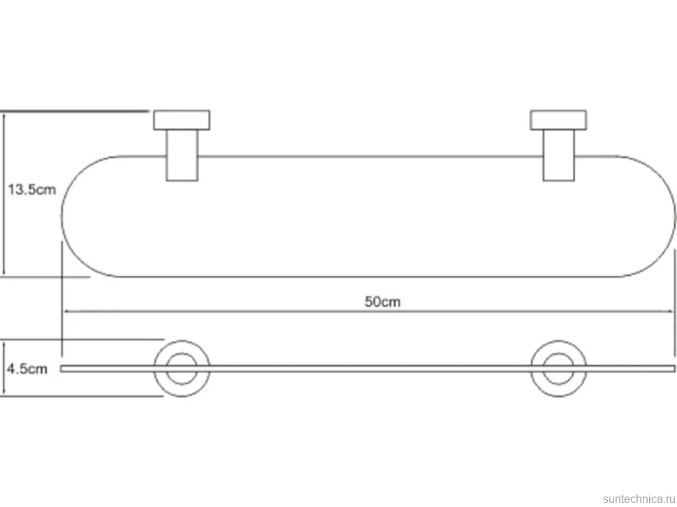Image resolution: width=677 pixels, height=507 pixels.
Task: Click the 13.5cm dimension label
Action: coord(32,189)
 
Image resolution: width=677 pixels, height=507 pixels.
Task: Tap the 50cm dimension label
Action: coord(382,302)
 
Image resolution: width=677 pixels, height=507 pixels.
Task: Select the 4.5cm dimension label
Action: coord(27,369)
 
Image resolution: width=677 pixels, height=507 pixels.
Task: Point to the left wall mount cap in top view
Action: coord(181,120)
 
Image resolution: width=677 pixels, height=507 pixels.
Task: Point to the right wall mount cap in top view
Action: coord(558,120)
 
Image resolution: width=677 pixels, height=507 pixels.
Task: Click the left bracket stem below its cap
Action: coord(182,155)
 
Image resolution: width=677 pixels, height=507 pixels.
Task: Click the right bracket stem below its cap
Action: coord(558,155)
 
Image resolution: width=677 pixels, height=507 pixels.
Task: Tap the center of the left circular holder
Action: coord(181,369)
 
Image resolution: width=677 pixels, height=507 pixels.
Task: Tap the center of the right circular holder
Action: coord(558,369)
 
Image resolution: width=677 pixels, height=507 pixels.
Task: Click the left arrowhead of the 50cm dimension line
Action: coord(66,311)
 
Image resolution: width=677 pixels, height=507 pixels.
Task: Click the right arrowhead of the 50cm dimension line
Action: coord(671,311)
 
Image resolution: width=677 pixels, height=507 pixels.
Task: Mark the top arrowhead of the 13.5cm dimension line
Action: coord(4,115)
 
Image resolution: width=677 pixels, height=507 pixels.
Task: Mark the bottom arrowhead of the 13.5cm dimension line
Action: coord(4,273)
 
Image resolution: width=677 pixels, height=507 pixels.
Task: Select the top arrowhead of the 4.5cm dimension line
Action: coord(4,344)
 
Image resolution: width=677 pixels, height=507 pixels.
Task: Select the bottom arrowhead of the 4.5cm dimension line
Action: coord(4,392)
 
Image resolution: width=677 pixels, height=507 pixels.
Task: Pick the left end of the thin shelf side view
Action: coord(61,369)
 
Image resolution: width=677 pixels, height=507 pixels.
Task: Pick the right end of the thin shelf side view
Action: coord(674,369)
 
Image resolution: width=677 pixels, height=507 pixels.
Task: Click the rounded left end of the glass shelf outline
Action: coord(61,216)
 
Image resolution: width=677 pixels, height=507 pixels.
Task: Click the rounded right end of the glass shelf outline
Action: coord(676,216)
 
